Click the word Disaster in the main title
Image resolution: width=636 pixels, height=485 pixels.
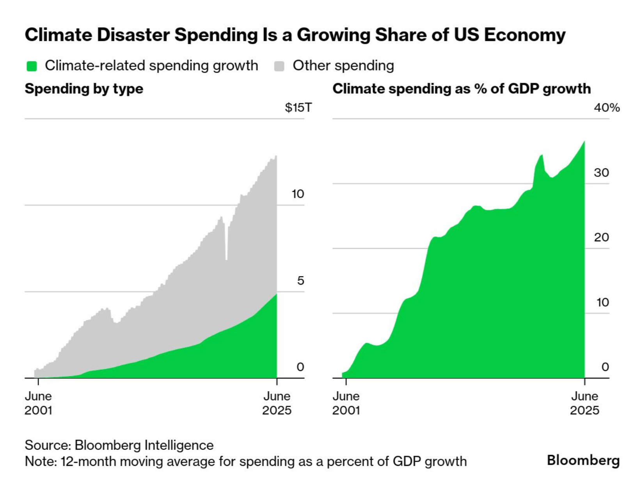133,35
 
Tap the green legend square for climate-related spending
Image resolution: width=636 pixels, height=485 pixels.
32,66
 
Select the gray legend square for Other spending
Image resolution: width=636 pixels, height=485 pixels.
279,66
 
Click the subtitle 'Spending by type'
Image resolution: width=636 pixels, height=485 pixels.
84,89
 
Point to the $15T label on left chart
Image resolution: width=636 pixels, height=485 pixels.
298,107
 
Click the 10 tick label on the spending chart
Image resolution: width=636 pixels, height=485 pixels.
298,194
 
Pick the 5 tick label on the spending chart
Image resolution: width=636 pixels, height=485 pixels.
300,280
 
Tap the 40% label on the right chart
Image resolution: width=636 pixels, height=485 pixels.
607,107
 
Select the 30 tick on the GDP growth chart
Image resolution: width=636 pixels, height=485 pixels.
601,173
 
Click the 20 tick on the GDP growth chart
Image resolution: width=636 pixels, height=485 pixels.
601,237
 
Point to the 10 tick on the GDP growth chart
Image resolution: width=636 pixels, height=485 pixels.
602,302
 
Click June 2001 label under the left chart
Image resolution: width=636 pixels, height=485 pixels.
38,403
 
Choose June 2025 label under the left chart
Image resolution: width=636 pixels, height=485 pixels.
277,403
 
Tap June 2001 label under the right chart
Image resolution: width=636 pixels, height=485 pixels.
346,403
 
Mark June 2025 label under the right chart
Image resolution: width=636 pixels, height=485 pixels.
584,403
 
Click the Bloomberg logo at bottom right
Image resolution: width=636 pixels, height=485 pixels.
583,460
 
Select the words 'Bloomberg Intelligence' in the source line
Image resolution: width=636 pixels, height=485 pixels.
144,445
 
